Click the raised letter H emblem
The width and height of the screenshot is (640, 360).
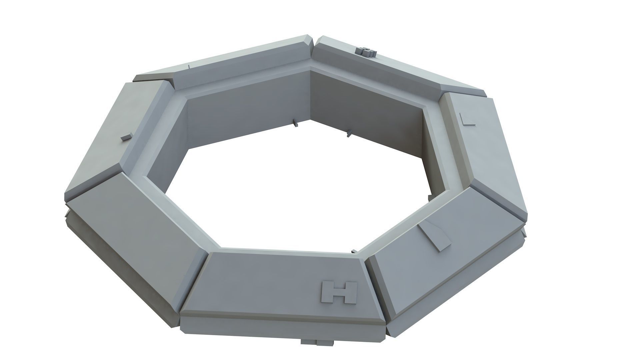pos(339,292)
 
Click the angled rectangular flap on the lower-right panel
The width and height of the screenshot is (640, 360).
pos(435,236)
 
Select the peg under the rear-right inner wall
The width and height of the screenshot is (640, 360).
pos(349,134)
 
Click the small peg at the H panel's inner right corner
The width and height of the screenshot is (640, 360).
pos(354,251)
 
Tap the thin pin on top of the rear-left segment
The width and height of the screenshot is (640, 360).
pos(189,66)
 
